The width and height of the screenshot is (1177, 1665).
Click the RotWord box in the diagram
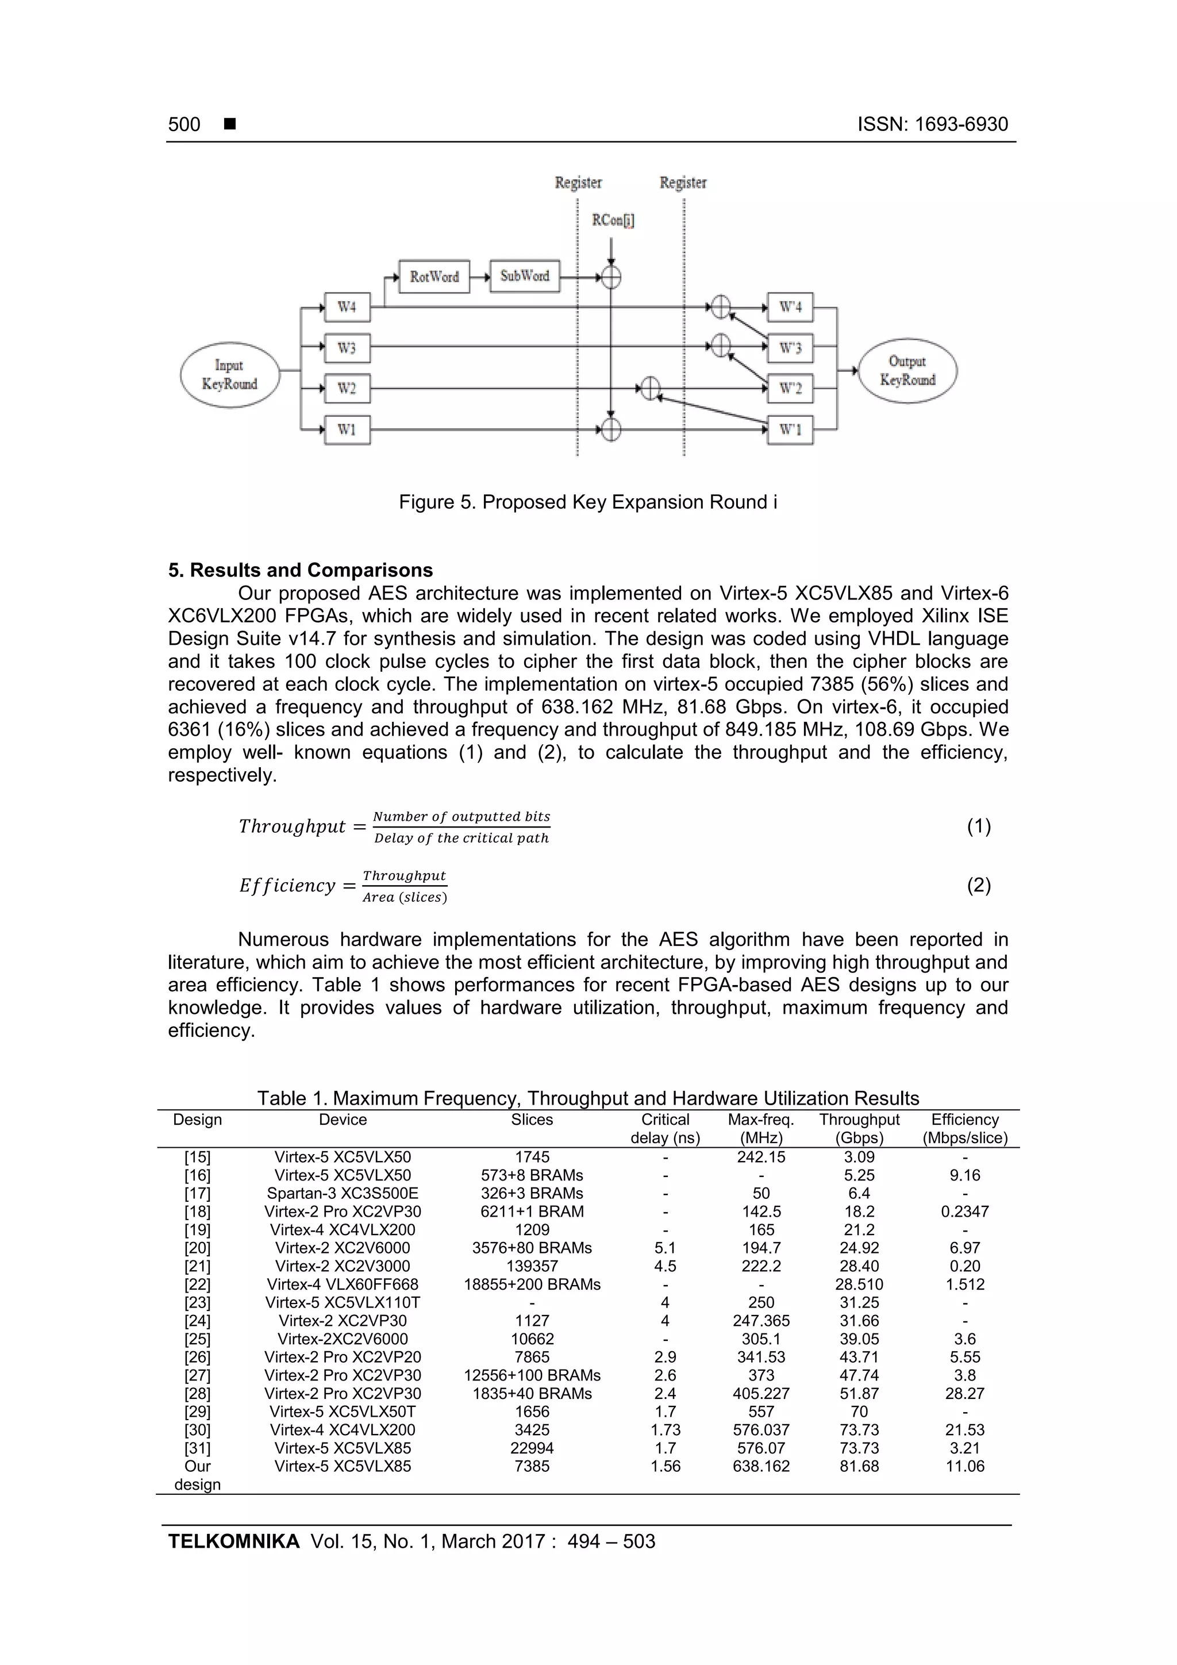(434, 276)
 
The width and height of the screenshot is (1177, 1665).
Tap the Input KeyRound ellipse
(229, 375)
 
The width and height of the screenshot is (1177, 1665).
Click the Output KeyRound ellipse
(907, 371)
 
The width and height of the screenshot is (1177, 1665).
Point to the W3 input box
(347, 348)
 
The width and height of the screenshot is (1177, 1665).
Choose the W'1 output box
(790, 430)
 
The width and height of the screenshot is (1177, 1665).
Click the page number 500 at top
(184, 124)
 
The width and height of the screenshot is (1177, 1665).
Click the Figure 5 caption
(587, 502)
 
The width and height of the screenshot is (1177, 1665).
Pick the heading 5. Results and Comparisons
(300, 570)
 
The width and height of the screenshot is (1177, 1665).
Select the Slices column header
(532, 1120)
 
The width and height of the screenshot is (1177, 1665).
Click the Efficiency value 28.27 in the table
(964, 1393)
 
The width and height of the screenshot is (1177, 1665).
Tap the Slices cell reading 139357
(532, 1266)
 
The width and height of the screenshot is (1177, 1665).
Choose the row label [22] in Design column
(197, 1285)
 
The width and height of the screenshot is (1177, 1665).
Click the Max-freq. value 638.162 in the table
(761, 1466)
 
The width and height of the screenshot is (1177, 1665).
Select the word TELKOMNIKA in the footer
(233, 1541)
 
